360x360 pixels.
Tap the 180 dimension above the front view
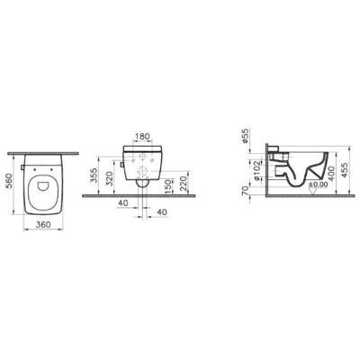(x=142, y=138)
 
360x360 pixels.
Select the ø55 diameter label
(x=246, y=137)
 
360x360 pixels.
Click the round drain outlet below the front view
(x=143, y=186)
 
